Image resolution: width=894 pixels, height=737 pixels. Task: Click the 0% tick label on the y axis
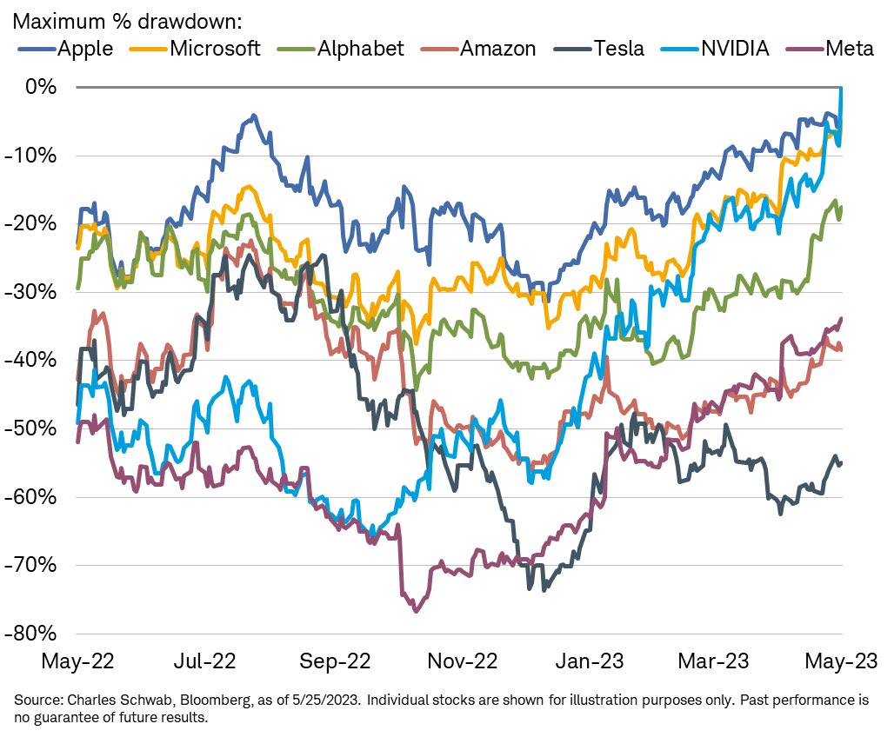pyautogui.click(x=42, y=87)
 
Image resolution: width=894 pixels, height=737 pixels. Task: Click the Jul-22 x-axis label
pyautogui.click(x=211, y=661)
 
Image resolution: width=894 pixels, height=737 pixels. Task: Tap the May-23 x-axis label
pyautogui.click(x=837, y=661)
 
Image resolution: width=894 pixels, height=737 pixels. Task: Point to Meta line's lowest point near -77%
pyautogui.click(x=416, y=611)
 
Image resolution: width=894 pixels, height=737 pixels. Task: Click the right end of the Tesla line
pyautogui.click(x=841, y=462)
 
